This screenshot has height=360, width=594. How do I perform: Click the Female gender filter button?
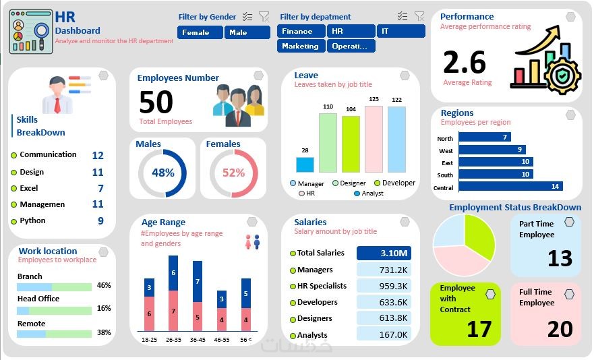pyautogui.click(x=200, y=32)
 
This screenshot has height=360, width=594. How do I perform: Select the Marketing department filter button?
pyautogui.click(x=300, y=46)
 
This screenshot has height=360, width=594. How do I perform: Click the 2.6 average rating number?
pyautogui.click(x=465, y=63)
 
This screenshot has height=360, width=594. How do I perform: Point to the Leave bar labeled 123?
pyautogui.click(x=374, y=138)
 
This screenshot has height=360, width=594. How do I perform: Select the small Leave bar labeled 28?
pyautogui.click(x=305, y=164)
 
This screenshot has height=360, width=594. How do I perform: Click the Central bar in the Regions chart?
pyautogui.click(x=510, y=186)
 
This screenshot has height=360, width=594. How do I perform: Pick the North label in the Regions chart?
pyautogui.click(x=445, y=138)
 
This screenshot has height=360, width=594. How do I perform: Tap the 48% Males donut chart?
pyautogui.click(x=162, y=173)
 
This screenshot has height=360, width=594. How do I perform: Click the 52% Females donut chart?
pyautogui.click(x=233, y=173)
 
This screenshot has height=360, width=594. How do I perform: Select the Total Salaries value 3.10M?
pyautogui.click(x=384, y=253)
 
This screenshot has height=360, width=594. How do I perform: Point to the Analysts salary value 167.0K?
pyautogui.click(x=384, y=334)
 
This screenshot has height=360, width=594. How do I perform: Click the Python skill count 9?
pyautogui.click(x=100, y=220)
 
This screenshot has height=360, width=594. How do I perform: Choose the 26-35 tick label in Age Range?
pyautogui.click(x=173, y=339)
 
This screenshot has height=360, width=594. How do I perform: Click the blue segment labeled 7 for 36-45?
pyautogui.click(x=198, y=281)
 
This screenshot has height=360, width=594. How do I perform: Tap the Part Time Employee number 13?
pyautogui.click(x=560, y=258)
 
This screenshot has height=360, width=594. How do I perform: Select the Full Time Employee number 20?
pyautogui.click(x=560, y=328)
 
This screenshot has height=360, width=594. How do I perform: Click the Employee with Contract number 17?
pyautogui.click(x=479, y=328)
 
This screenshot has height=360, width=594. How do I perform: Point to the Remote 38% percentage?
pyautogui.click(x=104, y=332)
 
